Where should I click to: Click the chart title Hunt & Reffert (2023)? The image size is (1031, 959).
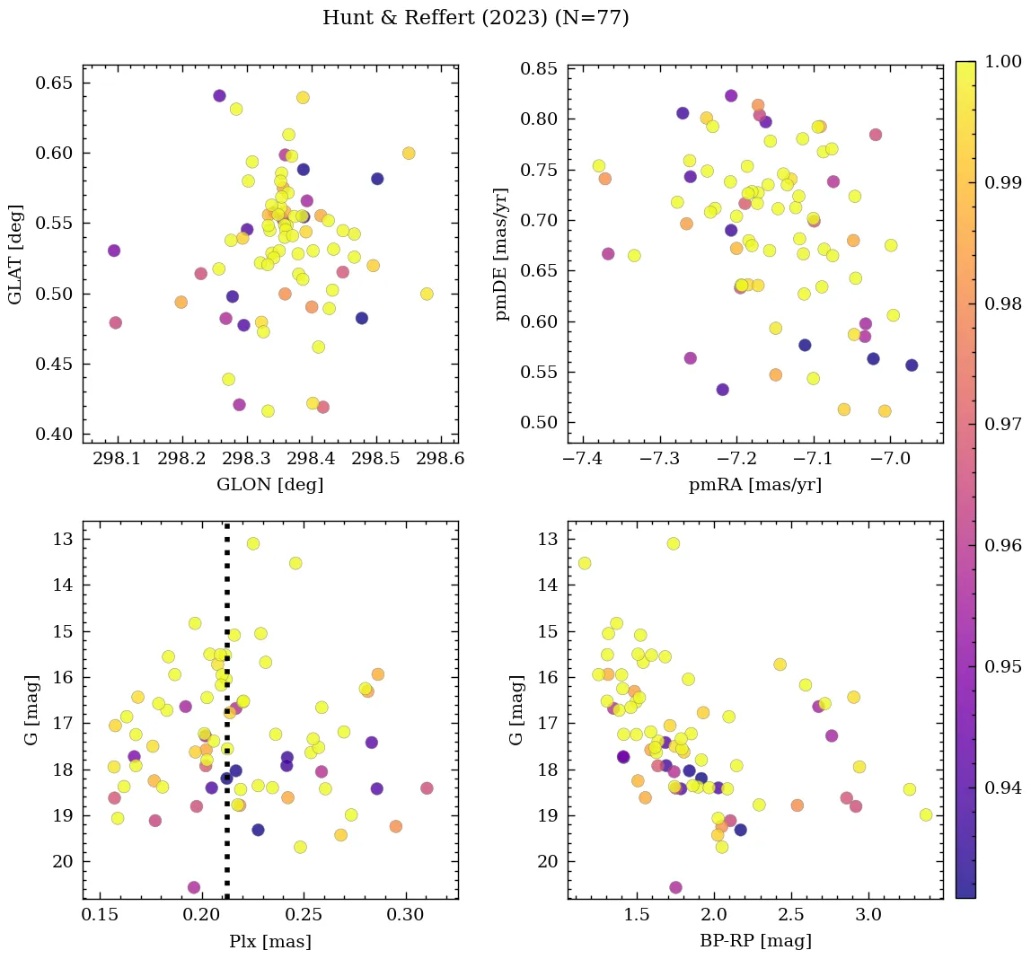coord(475,18)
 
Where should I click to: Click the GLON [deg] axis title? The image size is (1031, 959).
coord(270,485)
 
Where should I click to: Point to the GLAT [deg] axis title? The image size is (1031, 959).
coord(16,254)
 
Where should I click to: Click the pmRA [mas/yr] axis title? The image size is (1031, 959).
coord(754,485)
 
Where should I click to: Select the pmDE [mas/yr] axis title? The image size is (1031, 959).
coord(501,254)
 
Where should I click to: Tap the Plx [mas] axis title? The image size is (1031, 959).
coord(270,941)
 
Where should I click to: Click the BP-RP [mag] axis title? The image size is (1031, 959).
coord(754,941)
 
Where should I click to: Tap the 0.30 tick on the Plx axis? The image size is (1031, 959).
coord(406,917)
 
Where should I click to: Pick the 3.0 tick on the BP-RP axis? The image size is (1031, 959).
coord(868,917)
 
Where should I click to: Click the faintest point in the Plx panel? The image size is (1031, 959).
coord(194,887)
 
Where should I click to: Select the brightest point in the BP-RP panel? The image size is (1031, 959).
coord(674,543)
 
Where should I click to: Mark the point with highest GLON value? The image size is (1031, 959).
coord(427,294)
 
